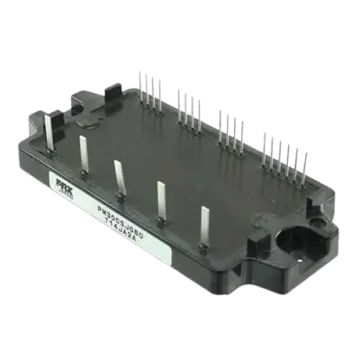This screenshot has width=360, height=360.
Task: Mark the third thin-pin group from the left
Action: (x=228, y=126)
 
